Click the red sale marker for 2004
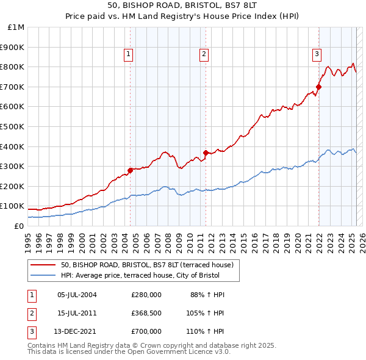click(x=130, y=170)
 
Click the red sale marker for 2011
click(x=206, y=153)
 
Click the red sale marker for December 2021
click(x=318, y=87)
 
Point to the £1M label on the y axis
click(x=16, y=27)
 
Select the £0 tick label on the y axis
click(x=18, y=226)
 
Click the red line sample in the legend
click(x=43, y=265)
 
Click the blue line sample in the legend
click(x=43, y=275)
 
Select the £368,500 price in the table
click(x=146, y=313)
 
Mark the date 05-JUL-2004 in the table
click(x=77, y=295)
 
